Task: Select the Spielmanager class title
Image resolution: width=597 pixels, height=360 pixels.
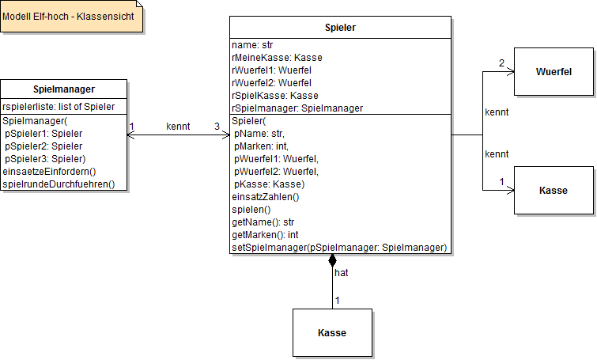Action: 63,90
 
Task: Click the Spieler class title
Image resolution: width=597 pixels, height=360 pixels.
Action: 340,28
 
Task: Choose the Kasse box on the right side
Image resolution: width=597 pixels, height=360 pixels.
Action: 554,191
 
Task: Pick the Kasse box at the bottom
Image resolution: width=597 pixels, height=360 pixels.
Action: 332,332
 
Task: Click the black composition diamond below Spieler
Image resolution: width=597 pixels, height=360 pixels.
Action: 332,261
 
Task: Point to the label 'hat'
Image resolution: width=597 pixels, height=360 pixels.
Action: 342,272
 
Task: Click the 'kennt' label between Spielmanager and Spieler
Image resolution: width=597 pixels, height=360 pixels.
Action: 178,127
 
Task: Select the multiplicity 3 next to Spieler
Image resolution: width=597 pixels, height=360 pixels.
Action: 217,127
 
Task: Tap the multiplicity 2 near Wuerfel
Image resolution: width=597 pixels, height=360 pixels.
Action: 501,63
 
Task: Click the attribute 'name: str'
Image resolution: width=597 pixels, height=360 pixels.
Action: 252,45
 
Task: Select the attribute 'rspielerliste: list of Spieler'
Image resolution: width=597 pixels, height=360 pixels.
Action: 59,107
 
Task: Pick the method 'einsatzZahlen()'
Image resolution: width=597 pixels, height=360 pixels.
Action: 265,197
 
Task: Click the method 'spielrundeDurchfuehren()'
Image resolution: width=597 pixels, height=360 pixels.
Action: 59,184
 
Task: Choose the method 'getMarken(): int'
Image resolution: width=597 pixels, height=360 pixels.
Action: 265,235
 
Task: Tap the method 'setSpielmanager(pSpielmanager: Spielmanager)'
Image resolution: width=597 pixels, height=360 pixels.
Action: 339,248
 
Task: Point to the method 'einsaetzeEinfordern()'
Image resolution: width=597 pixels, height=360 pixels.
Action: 49,172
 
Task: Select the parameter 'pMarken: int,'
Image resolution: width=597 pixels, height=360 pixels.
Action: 262,146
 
